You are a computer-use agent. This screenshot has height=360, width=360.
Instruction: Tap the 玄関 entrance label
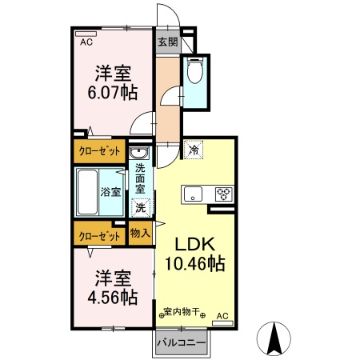167,42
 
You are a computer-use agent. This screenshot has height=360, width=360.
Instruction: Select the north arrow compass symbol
274,338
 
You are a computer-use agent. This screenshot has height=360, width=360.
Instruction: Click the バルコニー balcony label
182,342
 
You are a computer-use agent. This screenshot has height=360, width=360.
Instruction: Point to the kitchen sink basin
193,194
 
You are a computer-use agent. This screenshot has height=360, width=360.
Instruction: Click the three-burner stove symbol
223,194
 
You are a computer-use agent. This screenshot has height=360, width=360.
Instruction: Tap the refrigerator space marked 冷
194,150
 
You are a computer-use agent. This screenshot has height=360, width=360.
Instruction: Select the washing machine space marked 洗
141,208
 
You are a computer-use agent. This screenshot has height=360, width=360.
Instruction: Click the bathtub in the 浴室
87,192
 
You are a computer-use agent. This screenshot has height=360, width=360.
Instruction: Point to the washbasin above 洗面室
139,153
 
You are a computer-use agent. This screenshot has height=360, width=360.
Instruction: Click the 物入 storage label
140,234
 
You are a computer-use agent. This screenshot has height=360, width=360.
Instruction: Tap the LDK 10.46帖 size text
195,254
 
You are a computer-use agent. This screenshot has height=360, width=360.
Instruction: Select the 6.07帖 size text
113,93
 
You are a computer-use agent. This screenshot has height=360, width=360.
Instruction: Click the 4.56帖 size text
113,298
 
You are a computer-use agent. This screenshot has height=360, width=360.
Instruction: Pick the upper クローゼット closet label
99,151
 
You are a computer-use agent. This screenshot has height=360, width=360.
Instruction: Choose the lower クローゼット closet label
99,236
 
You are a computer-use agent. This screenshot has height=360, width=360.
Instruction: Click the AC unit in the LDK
222,323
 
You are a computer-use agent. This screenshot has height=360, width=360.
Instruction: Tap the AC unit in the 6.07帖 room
86,34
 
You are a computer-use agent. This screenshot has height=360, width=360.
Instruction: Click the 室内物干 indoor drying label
182,311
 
